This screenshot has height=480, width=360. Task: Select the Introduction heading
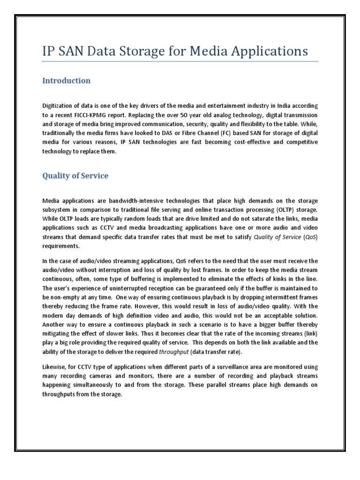tap(66, 81)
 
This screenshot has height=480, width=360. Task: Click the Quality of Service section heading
tap(75, 176)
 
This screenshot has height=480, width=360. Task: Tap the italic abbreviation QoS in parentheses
tap(310, 237)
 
